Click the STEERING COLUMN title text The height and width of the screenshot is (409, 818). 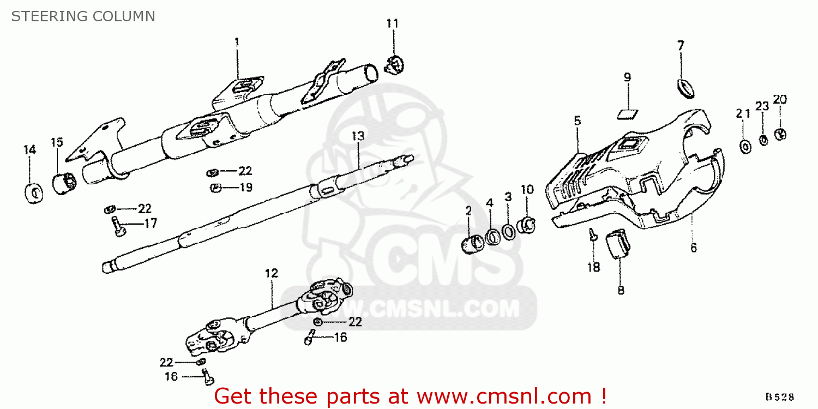83,16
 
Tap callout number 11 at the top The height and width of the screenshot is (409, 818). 393,23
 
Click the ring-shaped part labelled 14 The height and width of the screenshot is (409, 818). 34,194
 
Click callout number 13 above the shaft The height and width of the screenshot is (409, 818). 358,136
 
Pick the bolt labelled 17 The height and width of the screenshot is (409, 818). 118,226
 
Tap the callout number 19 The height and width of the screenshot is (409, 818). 246,188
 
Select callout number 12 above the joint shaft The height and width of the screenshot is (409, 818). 272,273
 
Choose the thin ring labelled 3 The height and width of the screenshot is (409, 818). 509,232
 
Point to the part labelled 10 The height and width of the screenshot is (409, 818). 527,225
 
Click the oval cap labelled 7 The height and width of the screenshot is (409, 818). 685,89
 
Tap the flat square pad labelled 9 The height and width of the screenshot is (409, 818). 627,115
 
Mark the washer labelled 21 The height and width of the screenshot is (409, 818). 745,147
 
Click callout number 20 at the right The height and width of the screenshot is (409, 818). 780,99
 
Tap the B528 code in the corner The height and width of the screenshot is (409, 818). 780,397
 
